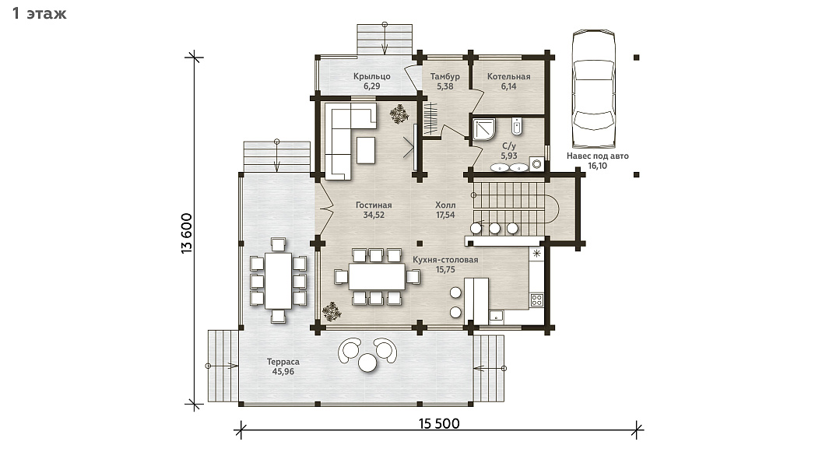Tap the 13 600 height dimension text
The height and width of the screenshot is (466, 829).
[x=187, y=233]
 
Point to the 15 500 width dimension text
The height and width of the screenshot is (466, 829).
[x=439, y=423]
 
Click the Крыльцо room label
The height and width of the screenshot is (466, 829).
[x=371, y=76]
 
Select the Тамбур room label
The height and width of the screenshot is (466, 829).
[x=444, y=76]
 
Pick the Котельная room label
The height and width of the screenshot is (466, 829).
[x=508, y=76]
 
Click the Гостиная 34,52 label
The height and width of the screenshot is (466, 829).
[x=374, y=210]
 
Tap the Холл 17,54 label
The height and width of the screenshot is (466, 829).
[x=445, y=210]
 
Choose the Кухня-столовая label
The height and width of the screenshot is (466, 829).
[x=445, y=259]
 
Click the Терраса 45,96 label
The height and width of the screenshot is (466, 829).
[x=283, y=366]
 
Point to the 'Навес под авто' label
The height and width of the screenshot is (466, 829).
[x=598, y=156]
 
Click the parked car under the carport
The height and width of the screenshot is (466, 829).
[x=594, y=89]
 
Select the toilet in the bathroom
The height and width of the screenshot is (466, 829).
[x=517, y=126]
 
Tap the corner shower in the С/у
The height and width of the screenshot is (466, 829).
[x=484, y=130]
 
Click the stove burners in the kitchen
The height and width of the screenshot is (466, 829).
[x=536, y=300]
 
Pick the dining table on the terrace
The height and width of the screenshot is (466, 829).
[x=278, y=281]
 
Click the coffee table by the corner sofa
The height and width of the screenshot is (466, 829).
[x=366, y=150]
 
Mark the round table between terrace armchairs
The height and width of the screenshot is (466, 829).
[x=367, y=363]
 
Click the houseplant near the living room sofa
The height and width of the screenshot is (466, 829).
[x=399, y=114]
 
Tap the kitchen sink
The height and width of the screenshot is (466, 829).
[x=496, y=317]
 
